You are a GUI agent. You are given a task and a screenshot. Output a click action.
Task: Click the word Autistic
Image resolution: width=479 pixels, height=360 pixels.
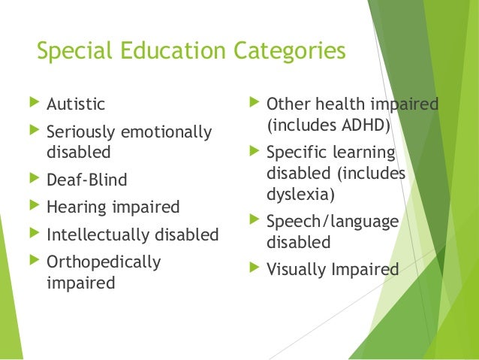(x=76, y=104)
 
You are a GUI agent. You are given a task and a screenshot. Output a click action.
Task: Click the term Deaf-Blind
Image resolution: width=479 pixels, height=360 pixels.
(x=87, y=180)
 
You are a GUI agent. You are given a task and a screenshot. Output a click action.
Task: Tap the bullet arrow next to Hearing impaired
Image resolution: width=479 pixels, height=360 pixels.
(x=31, y=207)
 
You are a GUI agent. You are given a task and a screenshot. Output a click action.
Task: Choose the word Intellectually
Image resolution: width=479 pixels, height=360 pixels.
(x=100, y=234)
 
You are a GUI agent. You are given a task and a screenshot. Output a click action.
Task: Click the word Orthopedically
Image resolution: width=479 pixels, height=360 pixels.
(x=104, y=262)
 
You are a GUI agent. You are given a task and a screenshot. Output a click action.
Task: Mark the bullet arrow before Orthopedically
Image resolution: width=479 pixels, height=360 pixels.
(x=31, y=262)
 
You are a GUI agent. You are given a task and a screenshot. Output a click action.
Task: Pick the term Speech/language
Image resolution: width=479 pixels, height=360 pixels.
(x=332, y=222)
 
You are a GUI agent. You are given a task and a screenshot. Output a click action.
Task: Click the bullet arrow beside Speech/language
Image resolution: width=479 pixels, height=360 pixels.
(x=252, y=221)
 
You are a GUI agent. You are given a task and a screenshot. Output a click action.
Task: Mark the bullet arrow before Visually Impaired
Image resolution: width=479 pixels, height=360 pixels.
(x=252, y=268)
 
